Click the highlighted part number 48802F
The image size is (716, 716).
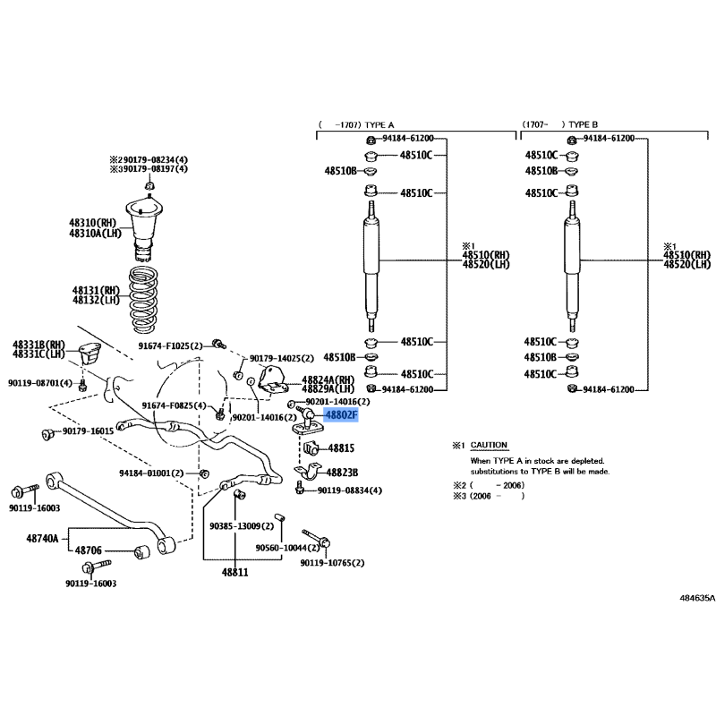pyautogui.click(x=341, y=415)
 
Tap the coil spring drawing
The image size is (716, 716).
pyautogui.click(x=143, y=300)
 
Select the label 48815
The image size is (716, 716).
pyautogui.click(x=341, y=448)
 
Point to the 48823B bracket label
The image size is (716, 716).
pyautogui.click(x=342, y=473)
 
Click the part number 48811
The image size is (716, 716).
pyautogui.click(x=235, y=572)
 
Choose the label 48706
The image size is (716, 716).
pyautogui.click(x=88, y=550)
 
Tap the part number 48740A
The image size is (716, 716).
pyautogui.click(x=42, y=539)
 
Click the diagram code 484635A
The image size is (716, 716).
pyautogui.click(x=697, y=598)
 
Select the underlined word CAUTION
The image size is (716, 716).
pyautogui.click(x=489, y=445)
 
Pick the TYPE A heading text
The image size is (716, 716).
pyautogui.click(x=379, y=124)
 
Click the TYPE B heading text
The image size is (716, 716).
pyautogui.click(x=584, y=124)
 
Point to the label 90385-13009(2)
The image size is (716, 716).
pyautogui.click(x=242, y=526)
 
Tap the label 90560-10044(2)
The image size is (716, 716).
pyautogui.click(x=287, y=548)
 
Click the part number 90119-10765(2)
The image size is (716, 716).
pyautogui.click(x=332, y=563)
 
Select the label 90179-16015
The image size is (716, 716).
pyautogui.click(x=88, y=431)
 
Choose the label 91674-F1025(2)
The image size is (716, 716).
pyautogui.click(x=170, y=346)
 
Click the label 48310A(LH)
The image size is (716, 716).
pyautogui.click(x=96, y=234)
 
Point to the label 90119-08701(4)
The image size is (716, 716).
pyautogui.click(x=40, y=383)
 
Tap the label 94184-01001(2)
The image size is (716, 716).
pyautogui.click(x=151, y=473)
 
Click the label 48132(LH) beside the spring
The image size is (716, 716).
pyautogui.click(x=96, y=300)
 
